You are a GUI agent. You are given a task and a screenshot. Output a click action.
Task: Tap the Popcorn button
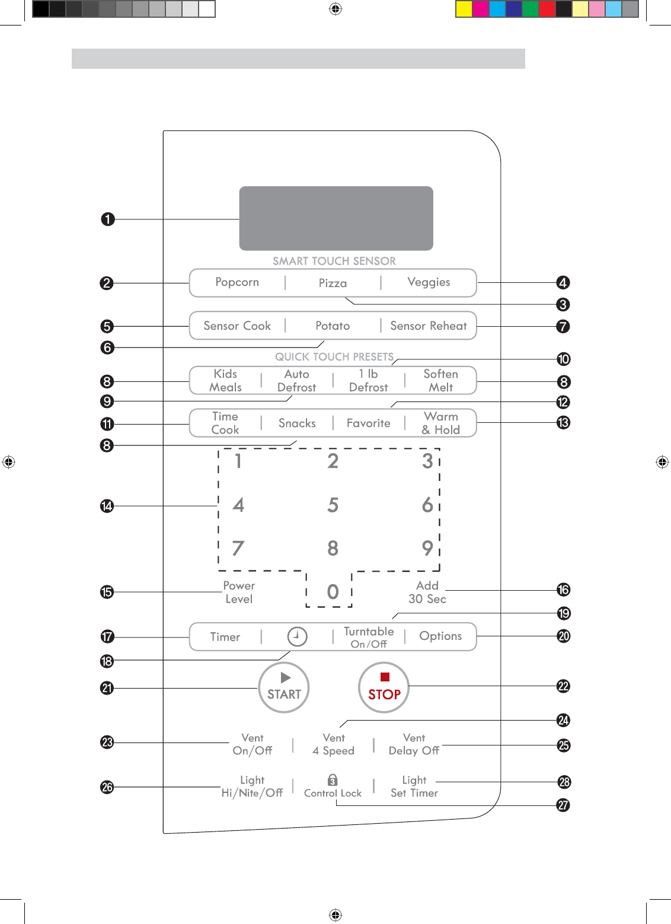(237, 282)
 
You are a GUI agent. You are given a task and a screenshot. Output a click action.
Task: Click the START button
(284, 687)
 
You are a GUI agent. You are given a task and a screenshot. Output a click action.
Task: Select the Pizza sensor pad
(333, 283)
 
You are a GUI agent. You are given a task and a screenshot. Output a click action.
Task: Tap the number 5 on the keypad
(333, 505)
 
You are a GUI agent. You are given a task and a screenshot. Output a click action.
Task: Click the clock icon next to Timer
(297, 636)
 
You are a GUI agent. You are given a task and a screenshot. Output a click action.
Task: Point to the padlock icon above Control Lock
(333, 779)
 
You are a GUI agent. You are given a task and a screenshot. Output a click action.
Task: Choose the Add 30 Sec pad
(427, 592)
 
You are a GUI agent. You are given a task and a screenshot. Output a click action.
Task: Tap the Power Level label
(239, 592)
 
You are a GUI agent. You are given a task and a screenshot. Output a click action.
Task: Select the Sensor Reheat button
(429, 326)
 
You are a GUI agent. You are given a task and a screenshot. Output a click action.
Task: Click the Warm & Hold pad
(441, 423)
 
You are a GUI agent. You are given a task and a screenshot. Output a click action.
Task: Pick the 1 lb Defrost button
(368, 380)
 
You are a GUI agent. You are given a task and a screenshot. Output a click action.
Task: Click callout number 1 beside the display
(107, 219)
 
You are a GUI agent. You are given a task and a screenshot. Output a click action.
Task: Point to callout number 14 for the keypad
(107, 506)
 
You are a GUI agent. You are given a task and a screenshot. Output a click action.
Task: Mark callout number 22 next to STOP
(563, 686)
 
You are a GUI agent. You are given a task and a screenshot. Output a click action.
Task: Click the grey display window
(336, 218)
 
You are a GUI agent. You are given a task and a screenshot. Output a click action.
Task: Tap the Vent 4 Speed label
(333, 744)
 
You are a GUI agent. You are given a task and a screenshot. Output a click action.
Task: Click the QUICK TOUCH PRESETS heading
(334, 356)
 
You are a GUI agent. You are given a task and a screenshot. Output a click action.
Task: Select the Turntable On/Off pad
(369, 637)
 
